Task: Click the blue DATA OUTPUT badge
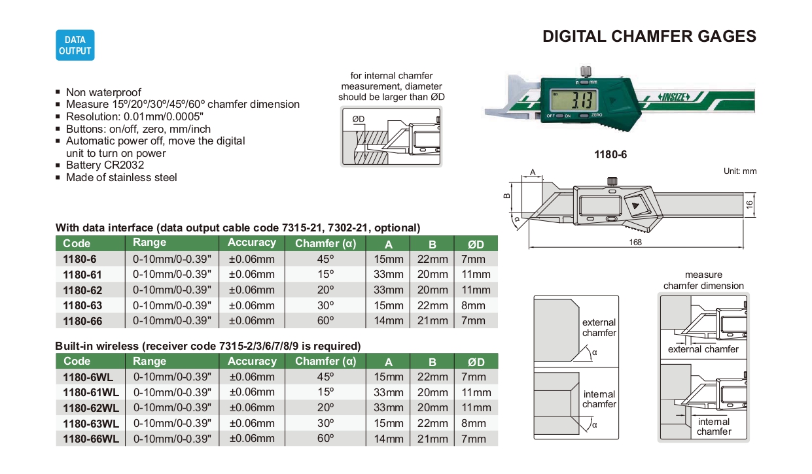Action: tap(75, 45)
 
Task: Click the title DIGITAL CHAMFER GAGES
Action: tap(649, 37)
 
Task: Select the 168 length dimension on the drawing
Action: tap(635, 242)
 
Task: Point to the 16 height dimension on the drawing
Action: tap(750, 204)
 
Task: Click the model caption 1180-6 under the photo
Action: tap(610, 155)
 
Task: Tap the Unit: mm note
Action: tap(739, 171)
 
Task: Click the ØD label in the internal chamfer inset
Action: tap(358, 119)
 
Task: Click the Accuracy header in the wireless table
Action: tap(252, 362)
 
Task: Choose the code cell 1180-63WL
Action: tap(91, 424)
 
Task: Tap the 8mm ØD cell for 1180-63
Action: tap(474, 305)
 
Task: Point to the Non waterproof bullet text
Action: tap(103, 93)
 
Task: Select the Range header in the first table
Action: tap(150, 243)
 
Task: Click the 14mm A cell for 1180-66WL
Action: tap(389, 439)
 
